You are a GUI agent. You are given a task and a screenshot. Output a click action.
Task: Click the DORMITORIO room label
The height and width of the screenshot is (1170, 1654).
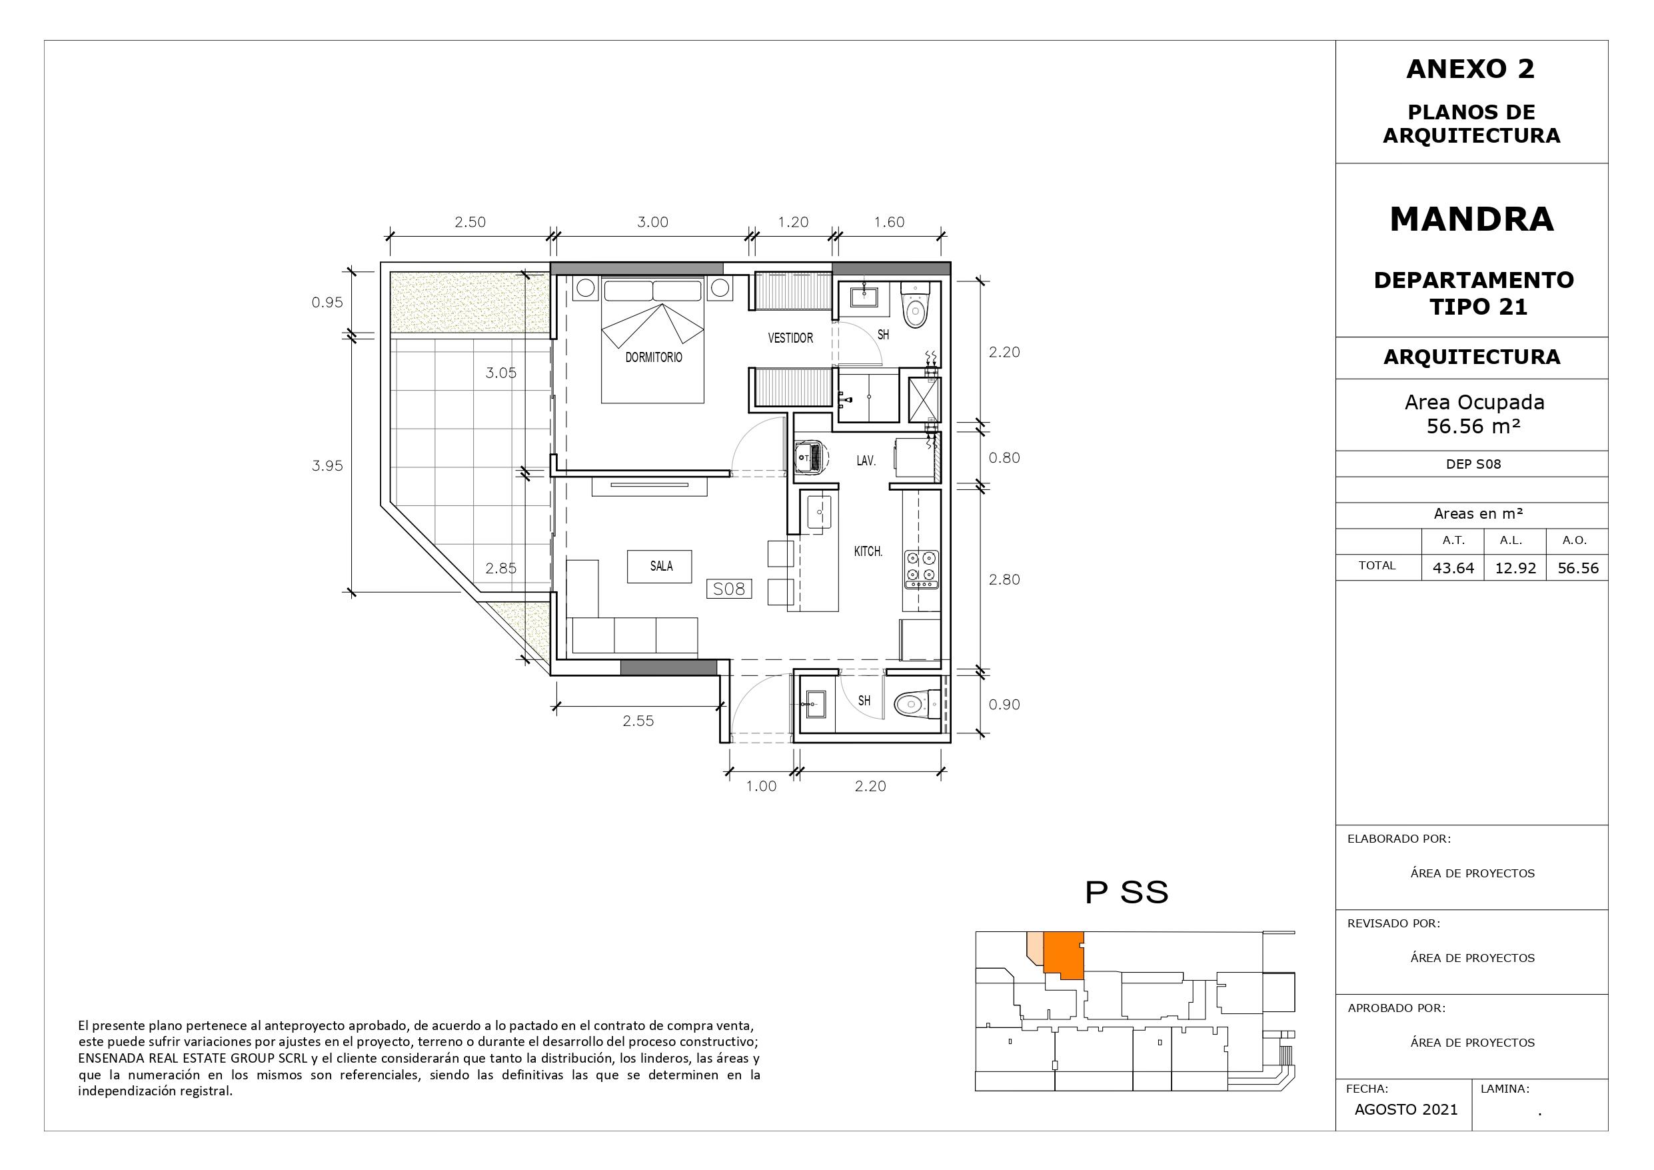tap(653, 357)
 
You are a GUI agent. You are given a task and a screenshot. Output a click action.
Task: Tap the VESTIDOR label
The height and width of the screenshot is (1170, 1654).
tap(790, 337)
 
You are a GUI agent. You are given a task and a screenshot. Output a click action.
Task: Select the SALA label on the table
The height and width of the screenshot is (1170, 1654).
tap(660, 566)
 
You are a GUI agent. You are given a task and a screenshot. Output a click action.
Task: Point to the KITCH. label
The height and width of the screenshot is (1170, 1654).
tap(868, 551)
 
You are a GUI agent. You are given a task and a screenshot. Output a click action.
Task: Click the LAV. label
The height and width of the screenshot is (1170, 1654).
tap(866, 461)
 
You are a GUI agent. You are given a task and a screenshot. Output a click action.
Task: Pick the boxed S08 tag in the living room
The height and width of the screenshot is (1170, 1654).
tap(729, 589)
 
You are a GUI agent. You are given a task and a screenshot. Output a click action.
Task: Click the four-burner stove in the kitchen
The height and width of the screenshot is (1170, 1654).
tap(922, 567)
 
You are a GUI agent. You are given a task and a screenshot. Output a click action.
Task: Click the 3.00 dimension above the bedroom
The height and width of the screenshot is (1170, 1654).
tap(652, 222)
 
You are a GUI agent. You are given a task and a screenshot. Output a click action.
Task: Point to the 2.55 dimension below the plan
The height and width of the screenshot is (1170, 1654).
tap(638, 721)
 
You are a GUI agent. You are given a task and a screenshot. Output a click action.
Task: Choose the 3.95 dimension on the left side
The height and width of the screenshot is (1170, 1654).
tap(327, 466)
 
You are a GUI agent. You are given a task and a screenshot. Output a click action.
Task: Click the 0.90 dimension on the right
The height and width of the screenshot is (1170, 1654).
tap(1004, 704)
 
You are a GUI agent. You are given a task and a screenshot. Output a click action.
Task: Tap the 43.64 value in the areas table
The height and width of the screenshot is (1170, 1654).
tap(1453, 568)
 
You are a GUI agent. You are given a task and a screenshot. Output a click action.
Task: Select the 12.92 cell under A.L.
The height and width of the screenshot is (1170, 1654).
tap(1515, 568)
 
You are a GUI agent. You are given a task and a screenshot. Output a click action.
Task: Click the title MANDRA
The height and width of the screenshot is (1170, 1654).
tap(1472, 219)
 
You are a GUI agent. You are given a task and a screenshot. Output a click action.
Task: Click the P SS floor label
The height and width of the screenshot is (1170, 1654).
tap(1127, 893)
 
